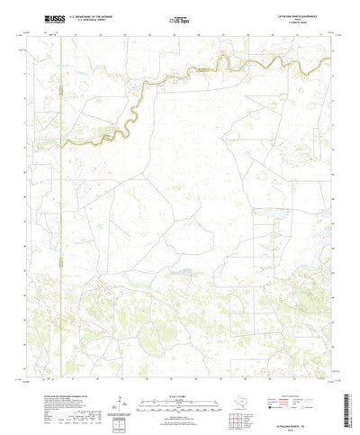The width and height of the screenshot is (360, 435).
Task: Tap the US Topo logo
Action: coord(167,19)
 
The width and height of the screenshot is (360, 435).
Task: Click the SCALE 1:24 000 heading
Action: coord(180,387)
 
